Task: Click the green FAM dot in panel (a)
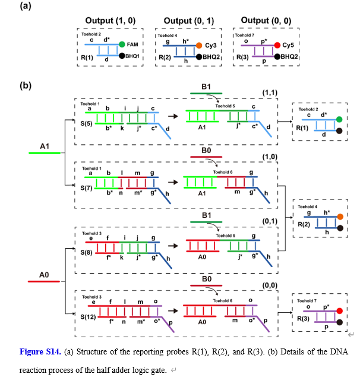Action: pyautogui.click(x=122, y=45)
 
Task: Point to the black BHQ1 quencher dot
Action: pyautogui.click(x=122, y=56)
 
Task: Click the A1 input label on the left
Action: pyautogui.click(x=45, y=145)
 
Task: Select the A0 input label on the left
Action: pyautogui.click(x=44, y=275)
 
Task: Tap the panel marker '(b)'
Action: pyautogui.click(x=26, y=85)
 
